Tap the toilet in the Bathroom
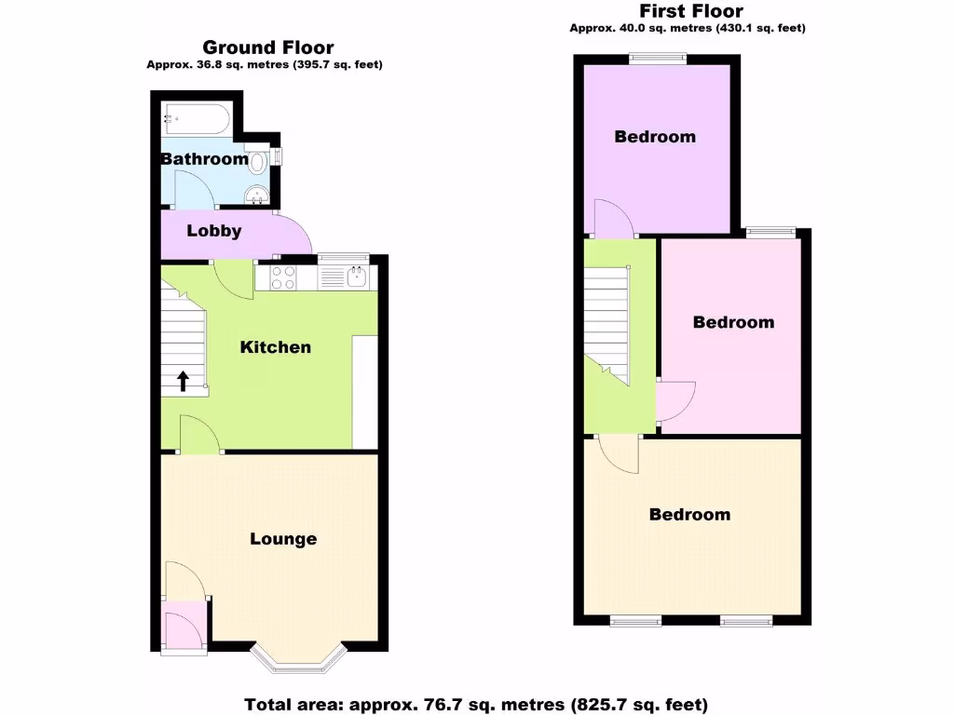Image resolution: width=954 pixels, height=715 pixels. [258, 160]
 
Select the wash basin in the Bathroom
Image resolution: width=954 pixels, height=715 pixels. [256, 195]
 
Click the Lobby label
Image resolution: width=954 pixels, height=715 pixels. [214, 231]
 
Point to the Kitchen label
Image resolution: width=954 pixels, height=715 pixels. [276, 347]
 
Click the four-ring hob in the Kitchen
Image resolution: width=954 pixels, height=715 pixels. [284, 277]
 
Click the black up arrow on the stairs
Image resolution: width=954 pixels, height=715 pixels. [183, 380]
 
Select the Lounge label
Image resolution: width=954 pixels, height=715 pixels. [283, 539]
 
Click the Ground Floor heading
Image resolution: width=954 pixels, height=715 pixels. [268, 47]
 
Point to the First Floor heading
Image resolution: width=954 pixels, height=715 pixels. [690, 11]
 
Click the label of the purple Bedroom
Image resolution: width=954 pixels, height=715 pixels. [655, 137]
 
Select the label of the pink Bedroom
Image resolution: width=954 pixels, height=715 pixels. [733, 322]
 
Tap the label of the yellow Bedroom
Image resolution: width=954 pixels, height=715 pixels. [690, 515]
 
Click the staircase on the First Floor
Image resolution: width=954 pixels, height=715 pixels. [606, 321]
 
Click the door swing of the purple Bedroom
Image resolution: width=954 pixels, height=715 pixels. [613, 219]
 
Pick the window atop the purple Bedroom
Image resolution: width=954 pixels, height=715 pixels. [659, 60]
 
